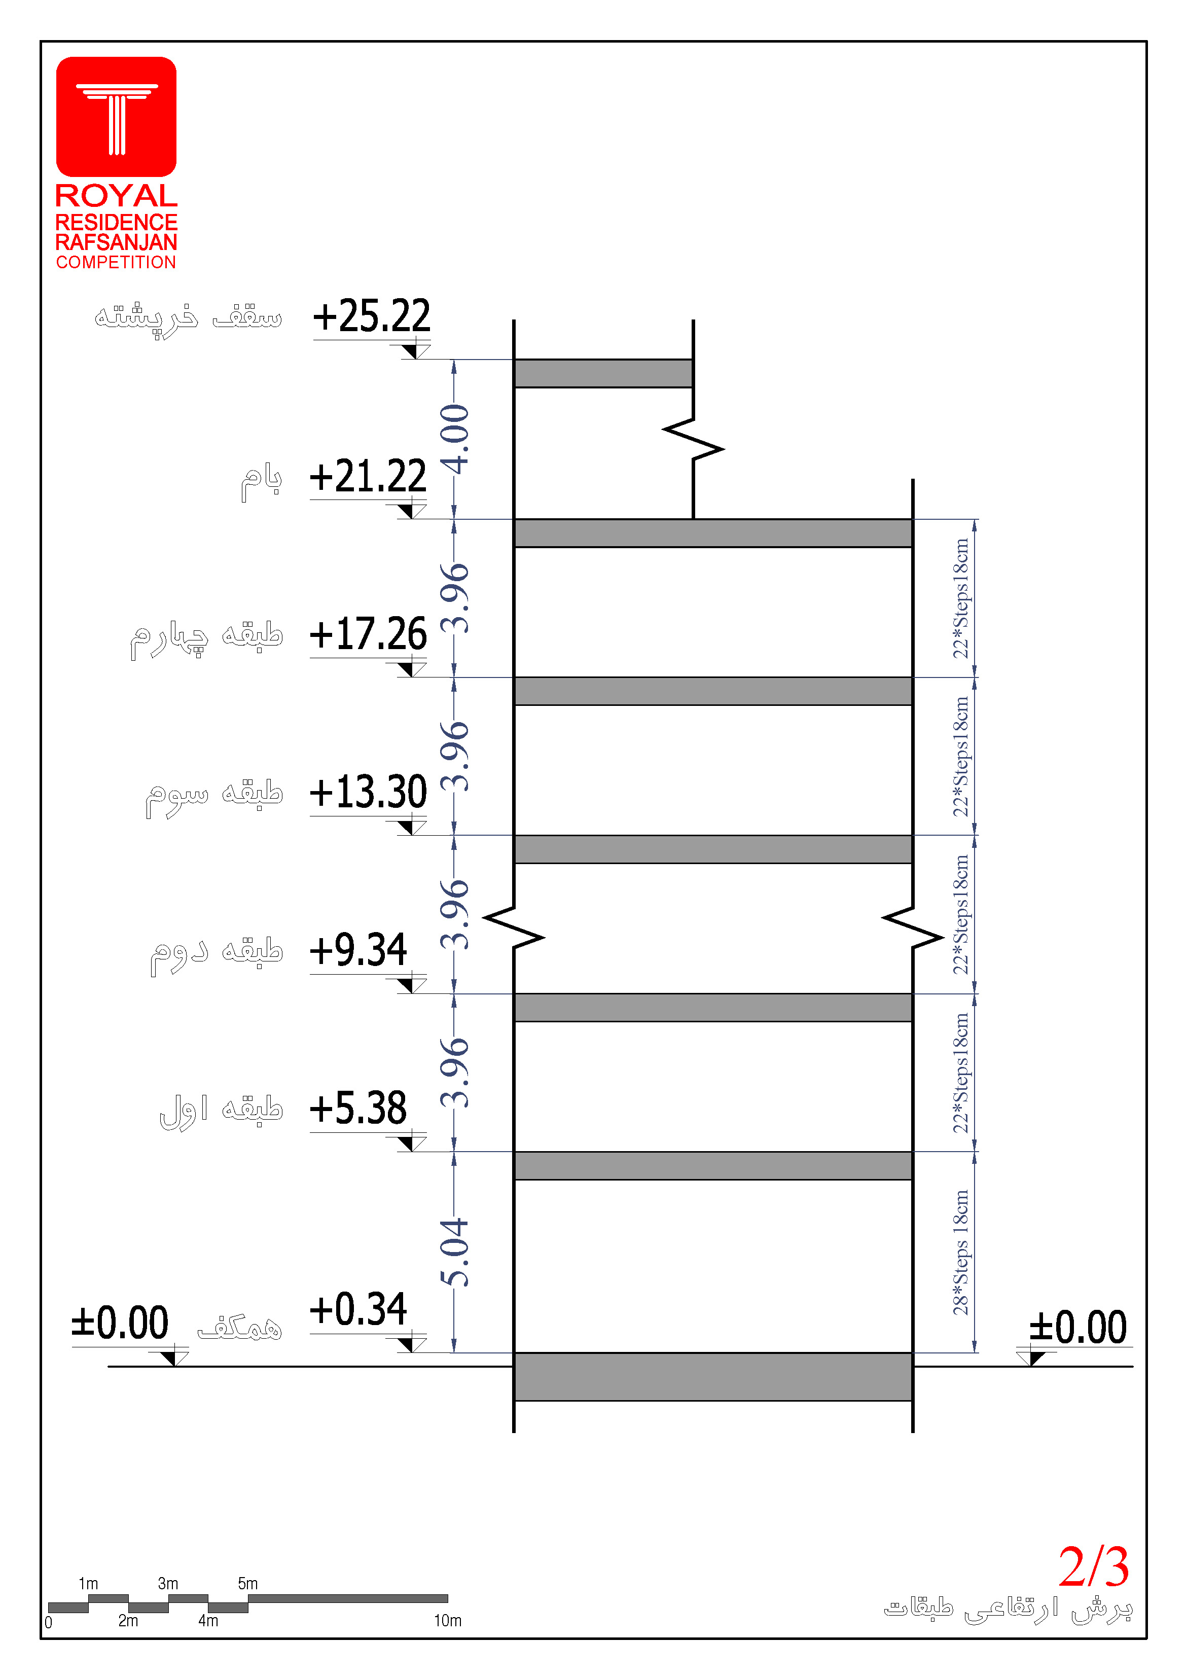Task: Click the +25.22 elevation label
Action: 371,316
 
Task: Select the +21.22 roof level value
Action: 368,477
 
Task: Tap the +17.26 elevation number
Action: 368,634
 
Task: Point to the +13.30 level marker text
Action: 368,792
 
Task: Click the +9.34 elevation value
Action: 358,950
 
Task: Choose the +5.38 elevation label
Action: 358,1109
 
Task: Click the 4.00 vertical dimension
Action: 454,439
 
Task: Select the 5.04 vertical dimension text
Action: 454,1253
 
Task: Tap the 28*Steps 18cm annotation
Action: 960,1253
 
